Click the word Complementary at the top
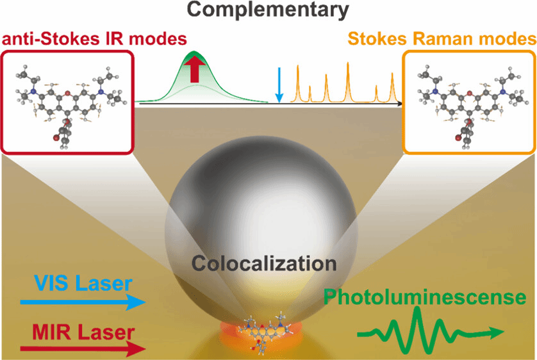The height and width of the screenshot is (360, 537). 268,10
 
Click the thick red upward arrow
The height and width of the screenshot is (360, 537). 196,69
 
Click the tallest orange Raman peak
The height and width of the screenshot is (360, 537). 348,81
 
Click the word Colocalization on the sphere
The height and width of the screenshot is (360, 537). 265,263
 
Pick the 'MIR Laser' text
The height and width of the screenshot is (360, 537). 77,332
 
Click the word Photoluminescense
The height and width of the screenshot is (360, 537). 423,297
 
